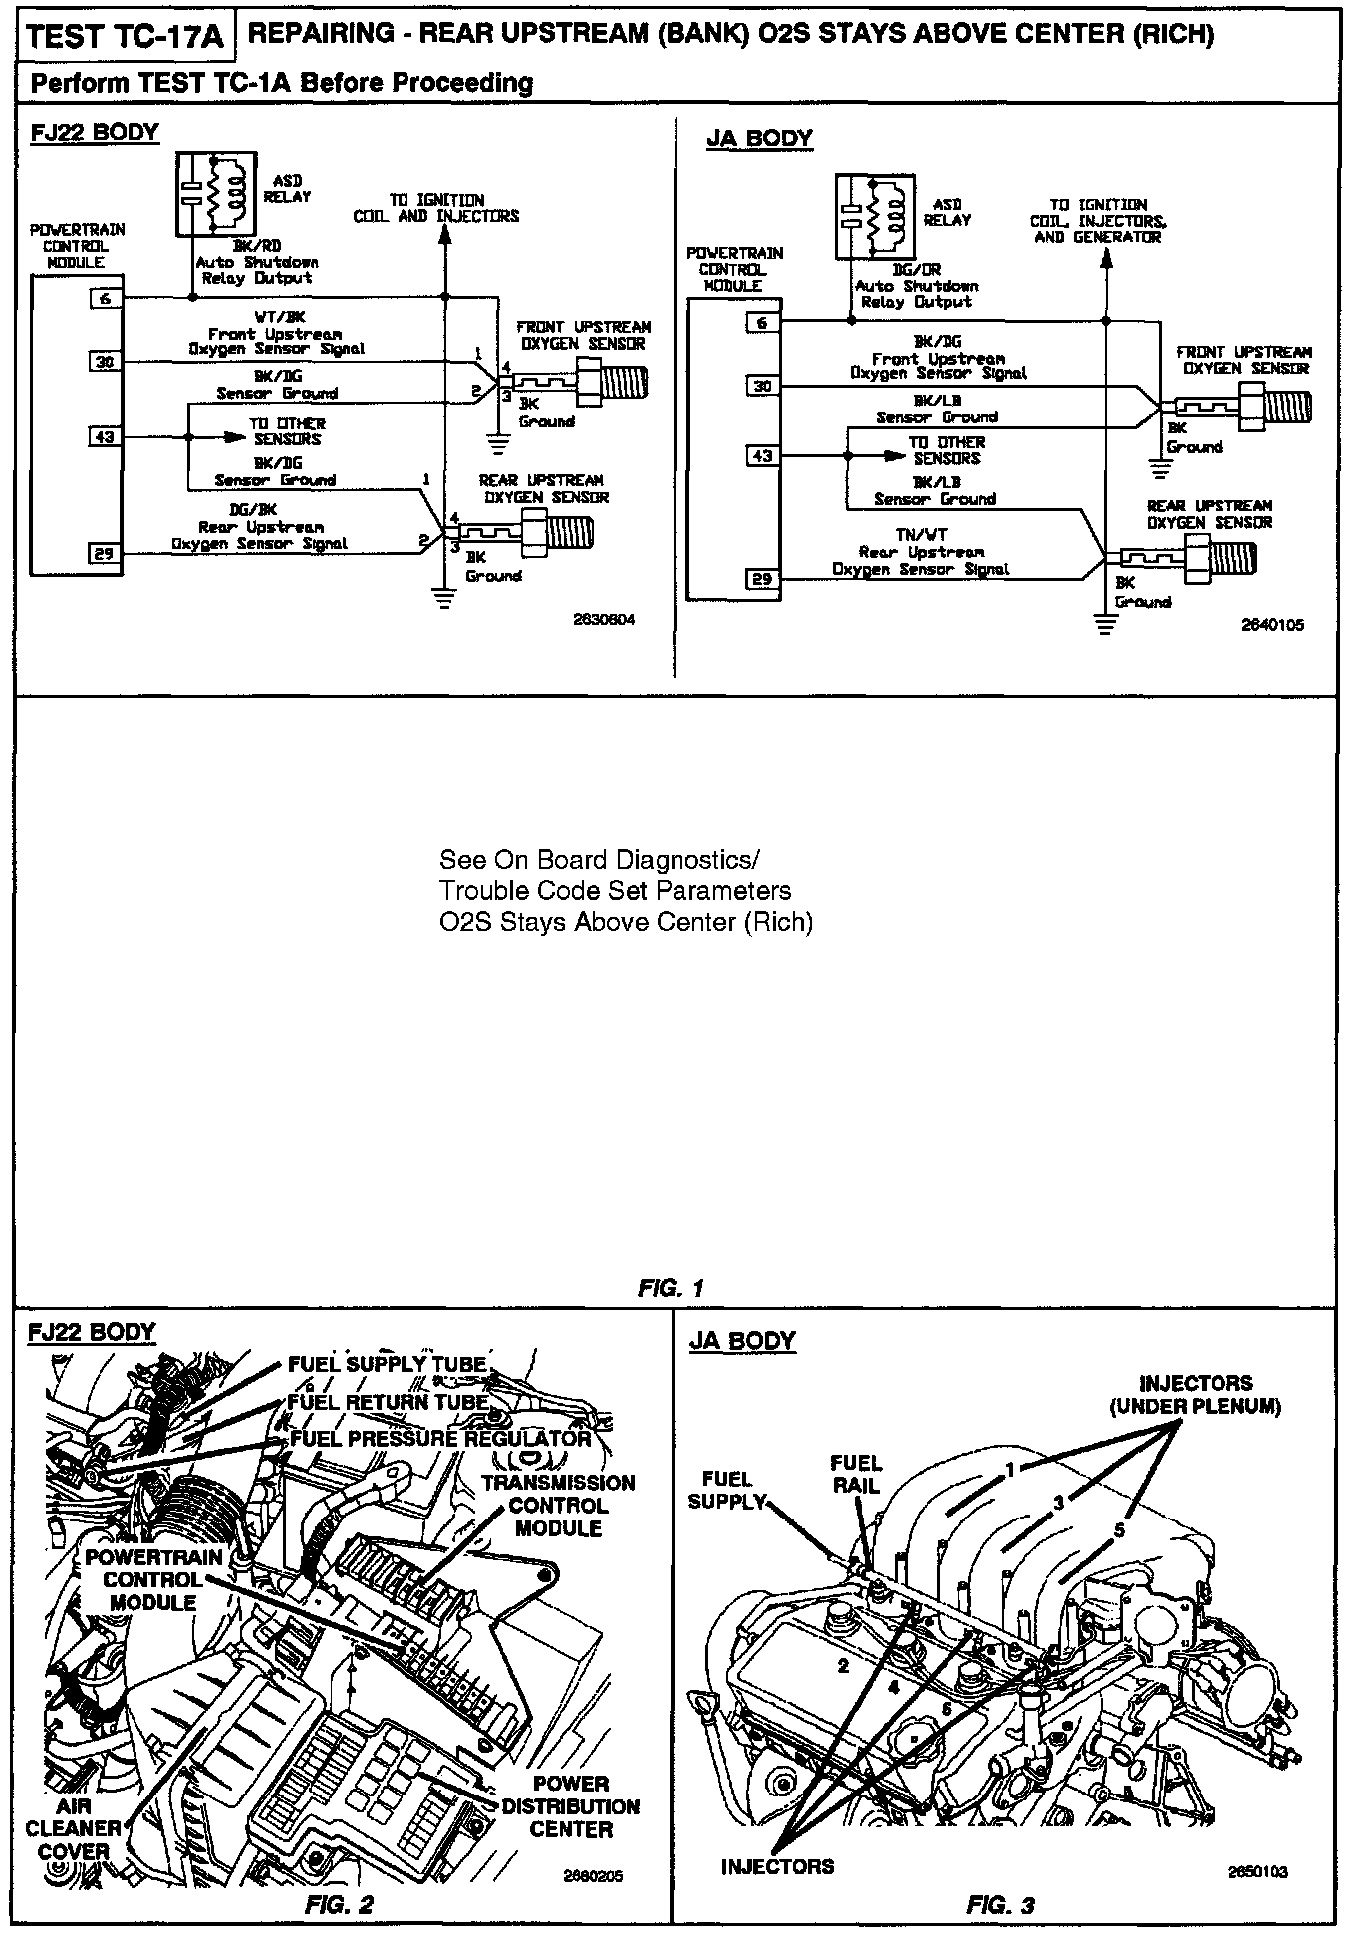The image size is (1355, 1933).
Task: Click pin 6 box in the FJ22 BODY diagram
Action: point(105,297)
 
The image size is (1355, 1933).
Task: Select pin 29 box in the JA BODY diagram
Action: point(762,579)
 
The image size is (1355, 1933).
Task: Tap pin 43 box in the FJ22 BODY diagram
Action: point(105,436)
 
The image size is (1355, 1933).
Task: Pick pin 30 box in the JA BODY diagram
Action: point(762,386)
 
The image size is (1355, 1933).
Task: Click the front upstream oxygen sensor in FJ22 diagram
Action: point(578,379)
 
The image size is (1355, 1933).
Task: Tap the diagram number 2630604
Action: point(604,619)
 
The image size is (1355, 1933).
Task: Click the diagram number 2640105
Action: point(1272,625)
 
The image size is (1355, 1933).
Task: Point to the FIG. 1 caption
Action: point(671,1288)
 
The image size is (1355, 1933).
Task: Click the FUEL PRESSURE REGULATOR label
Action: point(440,1439)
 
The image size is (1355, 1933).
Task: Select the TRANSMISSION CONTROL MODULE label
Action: point(558,1506)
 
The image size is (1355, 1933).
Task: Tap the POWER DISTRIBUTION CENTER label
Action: point(570,1806)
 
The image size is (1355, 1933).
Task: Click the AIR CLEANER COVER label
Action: point(74,1828)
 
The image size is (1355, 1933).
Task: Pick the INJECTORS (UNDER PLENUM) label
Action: point(1195,1394)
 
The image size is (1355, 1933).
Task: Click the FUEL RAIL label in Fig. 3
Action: point(856,1473)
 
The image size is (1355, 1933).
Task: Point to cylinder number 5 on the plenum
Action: point(1119,1530)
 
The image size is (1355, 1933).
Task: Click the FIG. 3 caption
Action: point(1000,1905)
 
